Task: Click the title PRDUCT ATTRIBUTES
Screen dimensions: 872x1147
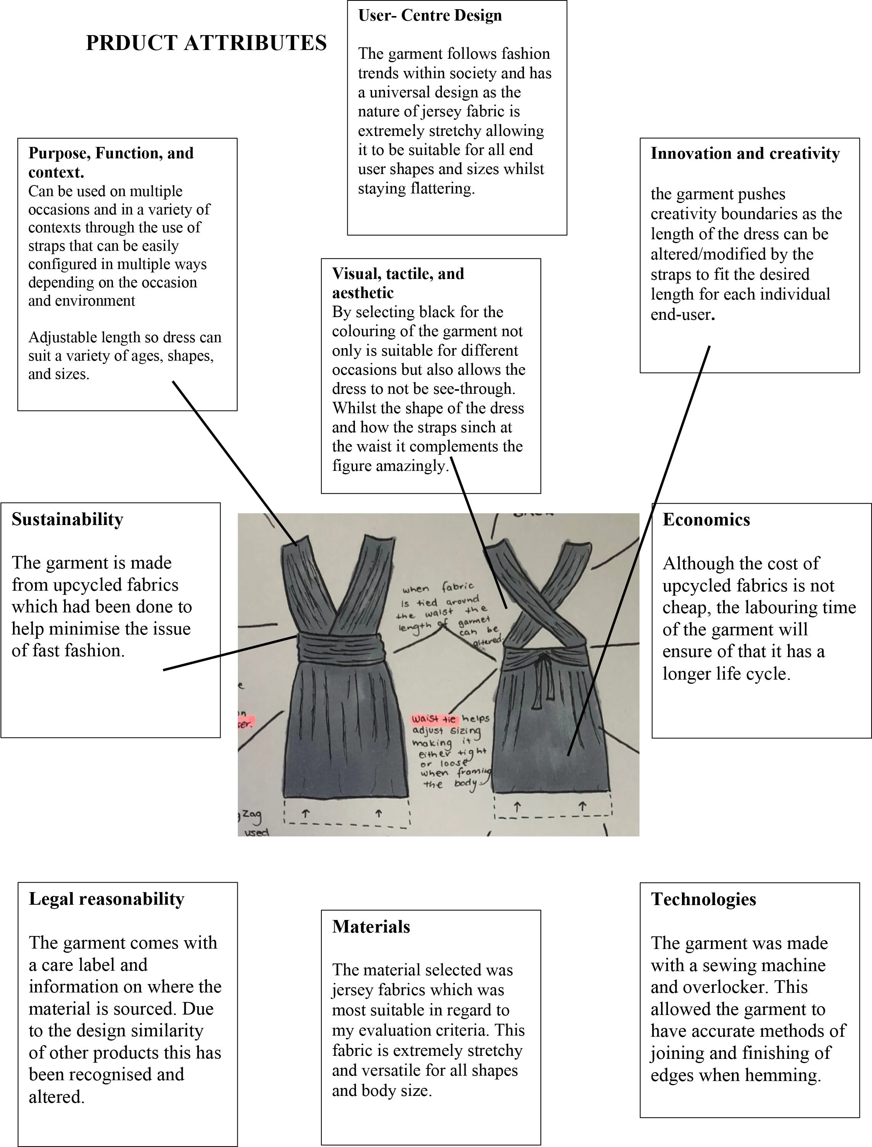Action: click(x=206, y=43)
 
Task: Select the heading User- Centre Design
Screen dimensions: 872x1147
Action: click(x=430, y=16)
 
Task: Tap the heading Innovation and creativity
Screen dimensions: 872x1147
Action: click(x=745, y=154)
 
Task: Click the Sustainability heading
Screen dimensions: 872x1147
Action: click(x=68, y=520)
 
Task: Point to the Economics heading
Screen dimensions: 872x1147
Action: click(x=706, y=520)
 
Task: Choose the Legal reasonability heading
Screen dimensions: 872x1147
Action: click(x=106, y=899)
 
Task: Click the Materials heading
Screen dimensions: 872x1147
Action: click(x=371, y=927)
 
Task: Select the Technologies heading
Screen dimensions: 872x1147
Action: click(x=703, y=899)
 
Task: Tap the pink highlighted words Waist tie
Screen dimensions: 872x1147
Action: click(x=434, y=719)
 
